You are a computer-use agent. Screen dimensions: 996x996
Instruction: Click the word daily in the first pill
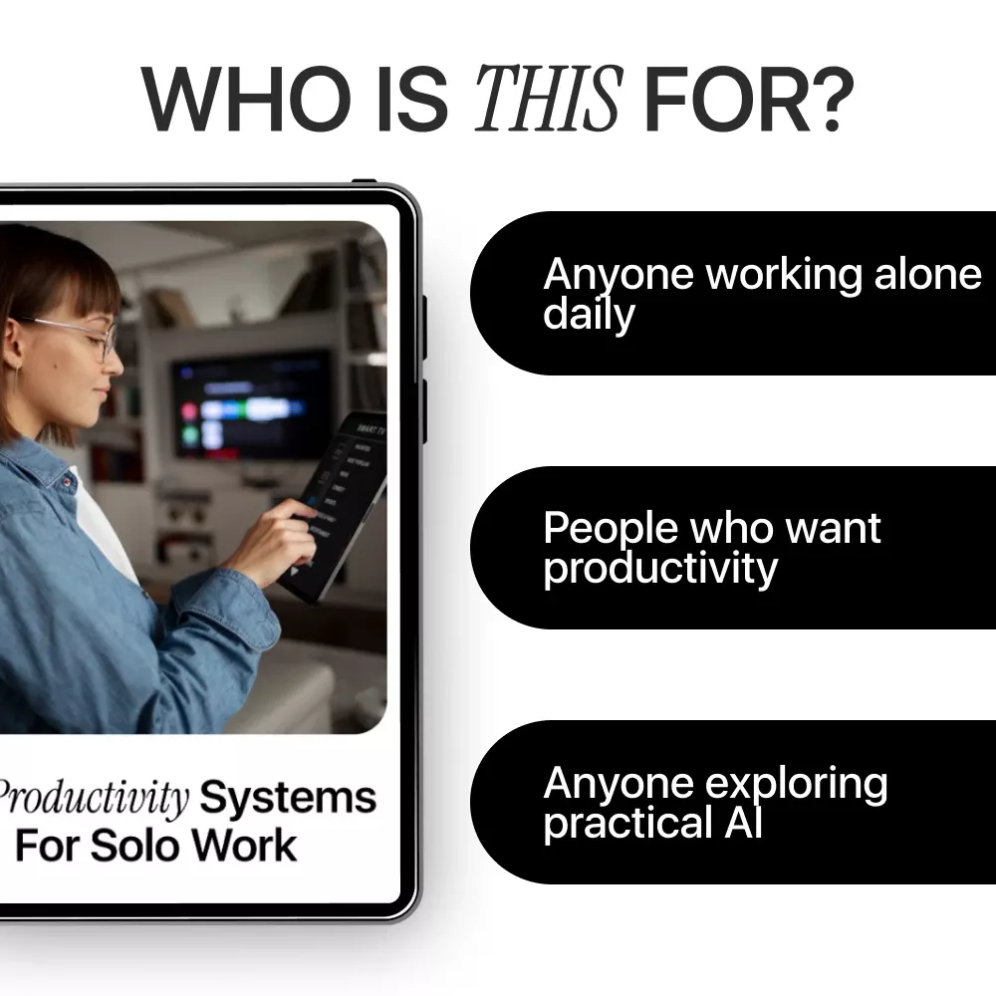[589, 315]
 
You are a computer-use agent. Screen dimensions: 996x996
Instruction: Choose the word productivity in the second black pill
[659, 569]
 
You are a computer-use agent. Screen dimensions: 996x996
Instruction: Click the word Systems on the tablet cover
[288, 798]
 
